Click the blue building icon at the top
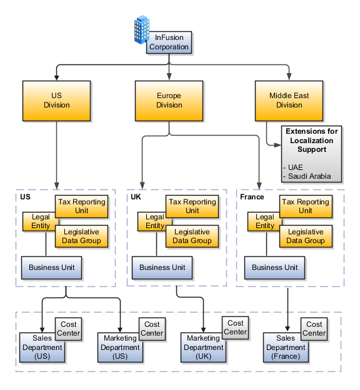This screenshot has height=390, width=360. [142, 30]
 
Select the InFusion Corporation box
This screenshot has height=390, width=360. [169, 42]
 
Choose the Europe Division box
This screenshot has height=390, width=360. [169, 100]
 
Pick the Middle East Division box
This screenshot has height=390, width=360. [289, 100]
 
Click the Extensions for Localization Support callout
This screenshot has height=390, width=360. [312, 153]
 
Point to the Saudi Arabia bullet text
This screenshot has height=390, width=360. [307, 176]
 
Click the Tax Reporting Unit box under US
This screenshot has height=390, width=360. [82, 206]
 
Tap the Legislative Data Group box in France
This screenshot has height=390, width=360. [306, 236]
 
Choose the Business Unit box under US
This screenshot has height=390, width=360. [52, 267]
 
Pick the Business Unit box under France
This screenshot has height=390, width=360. [274, 267]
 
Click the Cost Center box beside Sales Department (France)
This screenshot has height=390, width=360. [314, 329]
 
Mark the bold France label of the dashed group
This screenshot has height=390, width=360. [252, 197]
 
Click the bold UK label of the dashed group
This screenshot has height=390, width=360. [136, 197]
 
